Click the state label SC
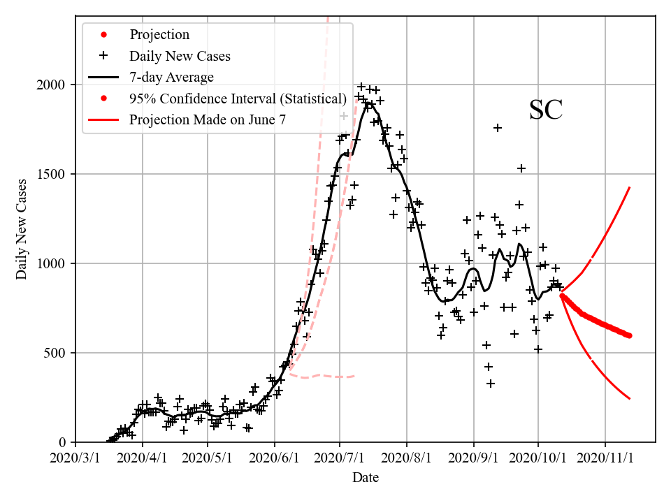[x=546, y=110]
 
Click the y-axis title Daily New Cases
[x=22, y=228]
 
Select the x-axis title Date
[x=366, y=478]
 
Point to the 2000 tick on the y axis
[x=51, y=85]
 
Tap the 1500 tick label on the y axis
[x=51, y=174]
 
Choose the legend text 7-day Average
[x=171, y=77]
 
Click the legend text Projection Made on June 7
[x=208, y=120]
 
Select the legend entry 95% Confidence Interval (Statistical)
[x=238, y=99]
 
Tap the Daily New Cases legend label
[x=180, y=56]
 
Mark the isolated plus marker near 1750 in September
[x=498, y=128]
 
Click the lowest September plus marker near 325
[x=491, y=384]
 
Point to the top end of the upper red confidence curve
[x=630, y=187]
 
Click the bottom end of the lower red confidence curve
[x=630, y=398]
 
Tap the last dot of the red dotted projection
[x=629, y=335]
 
